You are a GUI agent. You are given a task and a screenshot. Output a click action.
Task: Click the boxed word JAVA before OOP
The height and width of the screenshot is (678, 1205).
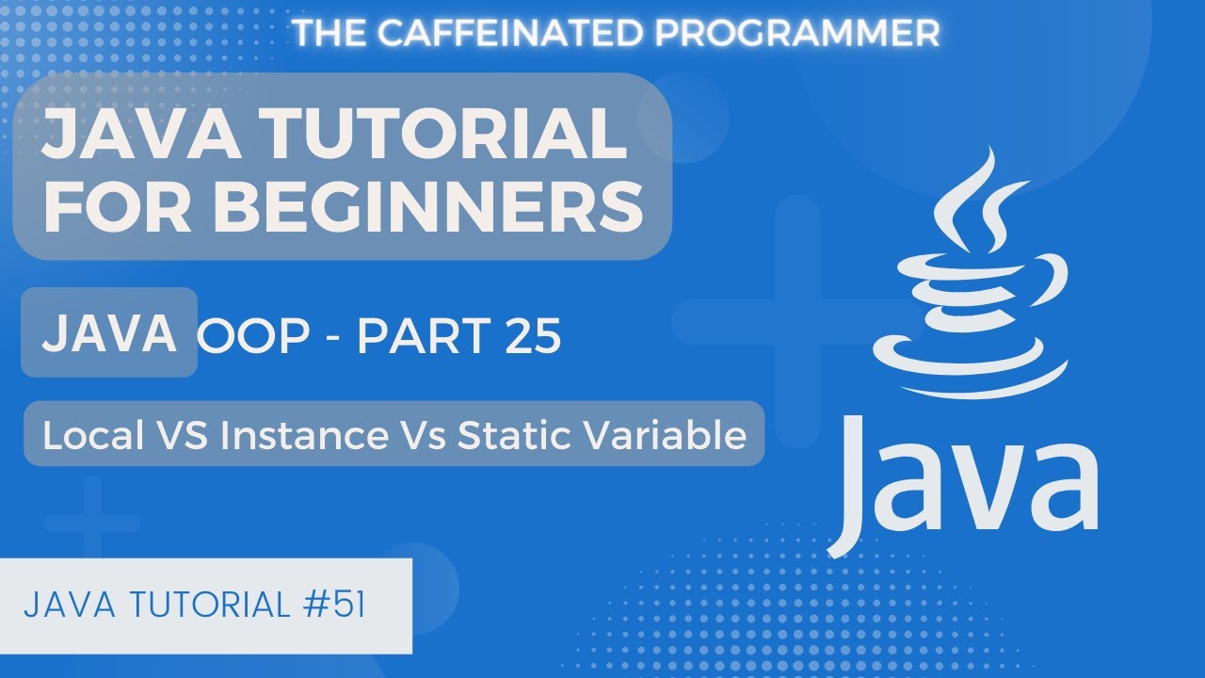(x=109, y=333)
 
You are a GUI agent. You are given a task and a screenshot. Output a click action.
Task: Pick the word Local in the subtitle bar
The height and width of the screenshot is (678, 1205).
(x=88, y=436)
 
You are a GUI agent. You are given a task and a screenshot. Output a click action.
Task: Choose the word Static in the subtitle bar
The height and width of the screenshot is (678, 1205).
(x=513, y=436)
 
